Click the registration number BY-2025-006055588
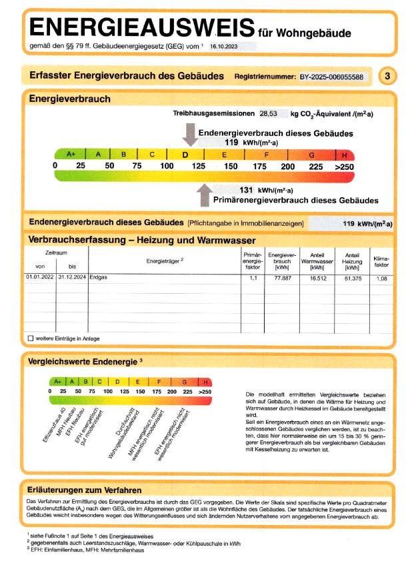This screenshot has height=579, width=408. pos(331,77)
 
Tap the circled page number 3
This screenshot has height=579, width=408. pos(387,77)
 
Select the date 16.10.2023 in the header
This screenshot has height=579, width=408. pos(224,47)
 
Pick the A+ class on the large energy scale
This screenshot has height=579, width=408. pos(71,155)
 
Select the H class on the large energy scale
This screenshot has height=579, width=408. pos(344,155)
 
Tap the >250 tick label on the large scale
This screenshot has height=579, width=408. pos(344,166)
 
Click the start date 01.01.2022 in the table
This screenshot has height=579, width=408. pos(39,277)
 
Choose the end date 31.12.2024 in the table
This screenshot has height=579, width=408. pos(71,277)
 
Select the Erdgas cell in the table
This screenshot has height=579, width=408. pos(99,277)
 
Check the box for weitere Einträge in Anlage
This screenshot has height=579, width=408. pos(31,338)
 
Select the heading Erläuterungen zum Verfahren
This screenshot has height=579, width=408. pos(83,490)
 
